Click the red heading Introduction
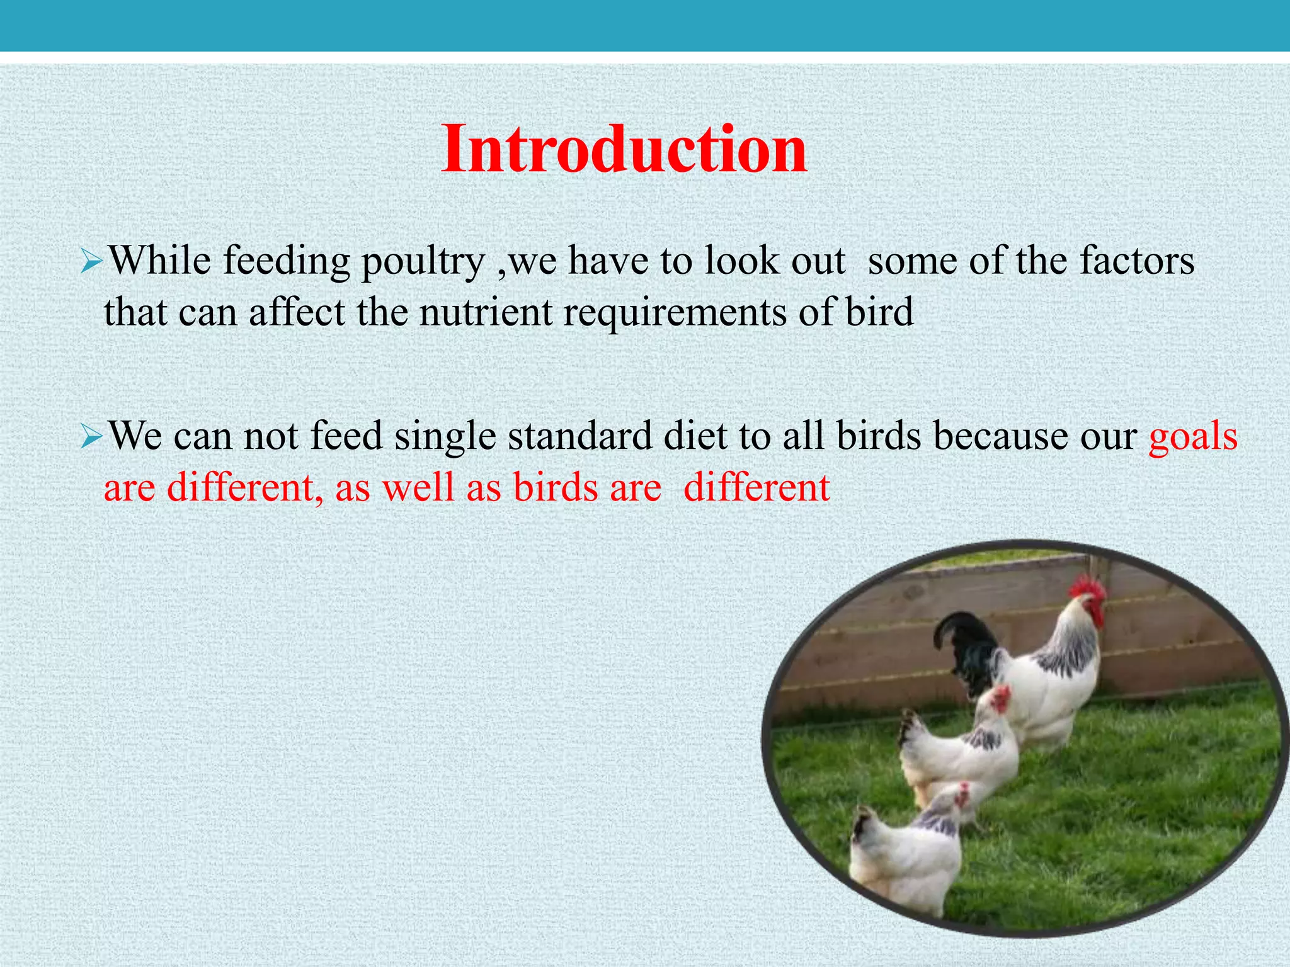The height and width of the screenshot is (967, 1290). (624, 149)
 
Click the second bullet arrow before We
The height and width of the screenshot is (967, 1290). (91, 437)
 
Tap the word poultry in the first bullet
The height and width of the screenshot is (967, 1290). (423, 262)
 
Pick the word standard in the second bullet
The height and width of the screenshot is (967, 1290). (579, 436)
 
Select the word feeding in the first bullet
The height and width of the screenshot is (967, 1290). (287, 262)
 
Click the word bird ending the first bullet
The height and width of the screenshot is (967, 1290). (879, 313)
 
